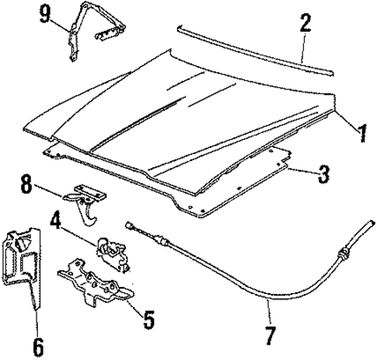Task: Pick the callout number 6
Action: tap(37, 342)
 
